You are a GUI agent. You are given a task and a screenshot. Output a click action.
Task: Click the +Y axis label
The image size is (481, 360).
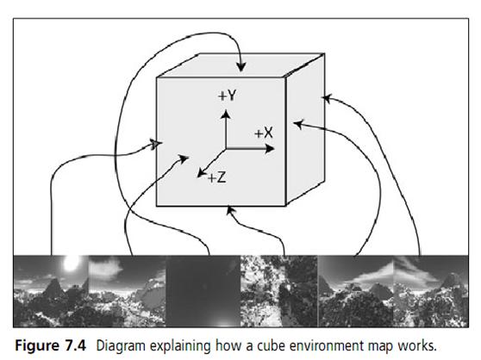227,96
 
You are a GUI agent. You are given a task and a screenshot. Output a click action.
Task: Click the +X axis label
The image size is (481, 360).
264,133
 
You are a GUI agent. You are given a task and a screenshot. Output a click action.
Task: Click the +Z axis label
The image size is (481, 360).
217,177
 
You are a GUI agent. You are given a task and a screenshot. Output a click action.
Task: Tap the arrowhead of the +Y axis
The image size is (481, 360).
226,115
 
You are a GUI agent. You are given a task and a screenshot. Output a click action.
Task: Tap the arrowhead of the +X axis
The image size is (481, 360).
269,149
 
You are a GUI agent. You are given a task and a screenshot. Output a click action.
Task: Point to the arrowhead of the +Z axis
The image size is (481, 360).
201,173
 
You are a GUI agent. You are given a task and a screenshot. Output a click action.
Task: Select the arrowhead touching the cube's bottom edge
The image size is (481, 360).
230,210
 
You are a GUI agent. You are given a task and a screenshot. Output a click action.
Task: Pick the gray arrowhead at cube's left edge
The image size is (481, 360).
156,144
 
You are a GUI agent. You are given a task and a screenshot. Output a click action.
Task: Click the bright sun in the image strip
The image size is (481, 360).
72,263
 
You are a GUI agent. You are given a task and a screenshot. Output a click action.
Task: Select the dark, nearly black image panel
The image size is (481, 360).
203,291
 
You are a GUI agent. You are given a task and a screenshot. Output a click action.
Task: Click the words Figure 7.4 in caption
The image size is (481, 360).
51,345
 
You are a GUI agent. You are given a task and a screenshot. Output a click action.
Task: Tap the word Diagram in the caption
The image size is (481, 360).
121,346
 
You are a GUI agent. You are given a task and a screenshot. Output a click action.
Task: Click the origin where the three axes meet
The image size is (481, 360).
226,149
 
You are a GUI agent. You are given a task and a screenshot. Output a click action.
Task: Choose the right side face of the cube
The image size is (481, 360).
305,128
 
